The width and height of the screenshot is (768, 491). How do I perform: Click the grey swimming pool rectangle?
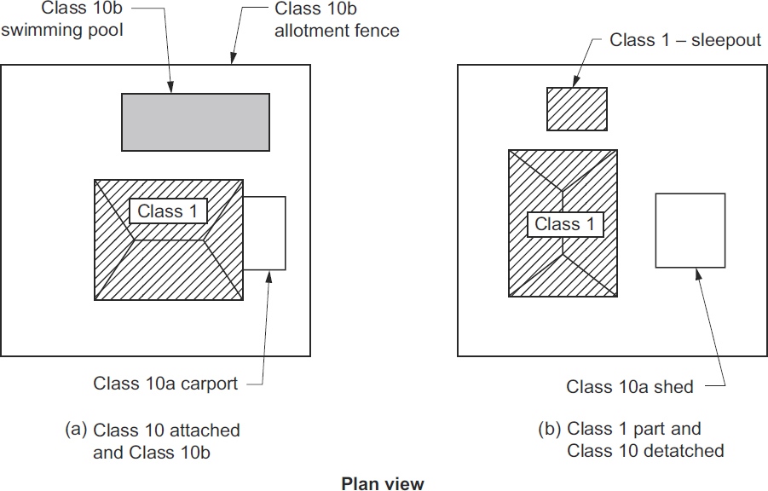click(195, 122)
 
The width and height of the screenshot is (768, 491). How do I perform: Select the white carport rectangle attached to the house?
click(264, 233)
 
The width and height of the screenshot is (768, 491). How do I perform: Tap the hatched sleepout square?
click(577, 109)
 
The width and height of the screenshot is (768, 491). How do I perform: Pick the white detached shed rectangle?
click(690, 230)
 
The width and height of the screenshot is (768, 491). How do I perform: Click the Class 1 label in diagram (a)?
click(168, 211)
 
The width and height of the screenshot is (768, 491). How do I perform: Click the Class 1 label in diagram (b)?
click(565, 224)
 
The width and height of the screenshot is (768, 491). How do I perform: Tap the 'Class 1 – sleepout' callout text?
click(685, 40)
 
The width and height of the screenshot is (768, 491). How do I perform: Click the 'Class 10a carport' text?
click(165, 384)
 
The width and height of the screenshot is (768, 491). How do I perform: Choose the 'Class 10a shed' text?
click(629, 387)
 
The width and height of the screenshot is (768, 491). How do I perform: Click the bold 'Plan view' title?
click(383, 483)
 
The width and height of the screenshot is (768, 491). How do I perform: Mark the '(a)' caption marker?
click(77, 429)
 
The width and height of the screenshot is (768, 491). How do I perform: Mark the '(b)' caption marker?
click(550, 429)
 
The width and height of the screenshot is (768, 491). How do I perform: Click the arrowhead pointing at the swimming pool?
click(171, 88)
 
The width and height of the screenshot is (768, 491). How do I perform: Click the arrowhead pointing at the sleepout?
click(573, 83)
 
